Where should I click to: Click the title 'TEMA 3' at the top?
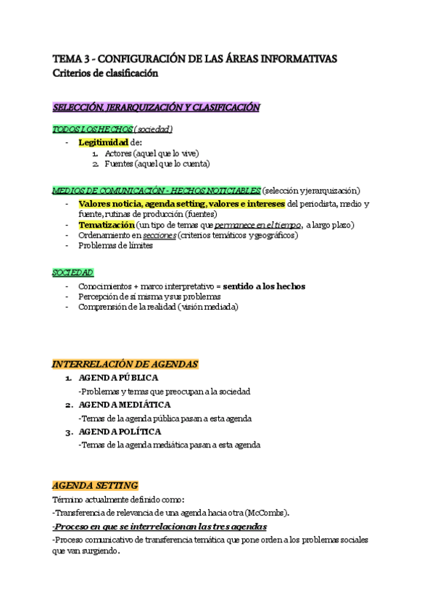coord(71,59)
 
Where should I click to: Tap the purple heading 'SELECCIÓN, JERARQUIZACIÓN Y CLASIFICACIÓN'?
coord(156,107)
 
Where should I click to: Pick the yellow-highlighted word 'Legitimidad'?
coord(103,142)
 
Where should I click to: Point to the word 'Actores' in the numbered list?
coord(118,153)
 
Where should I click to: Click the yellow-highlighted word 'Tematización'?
coord(106,226)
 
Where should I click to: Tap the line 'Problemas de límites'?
coord(115,247)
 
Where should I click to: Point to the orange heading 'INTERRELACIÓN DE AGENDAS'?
coord(125,364)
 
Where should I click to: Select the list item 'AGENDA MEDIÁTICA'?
coord(124,405)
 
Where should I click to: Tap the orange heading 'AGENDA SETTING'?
coord(95,485)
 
